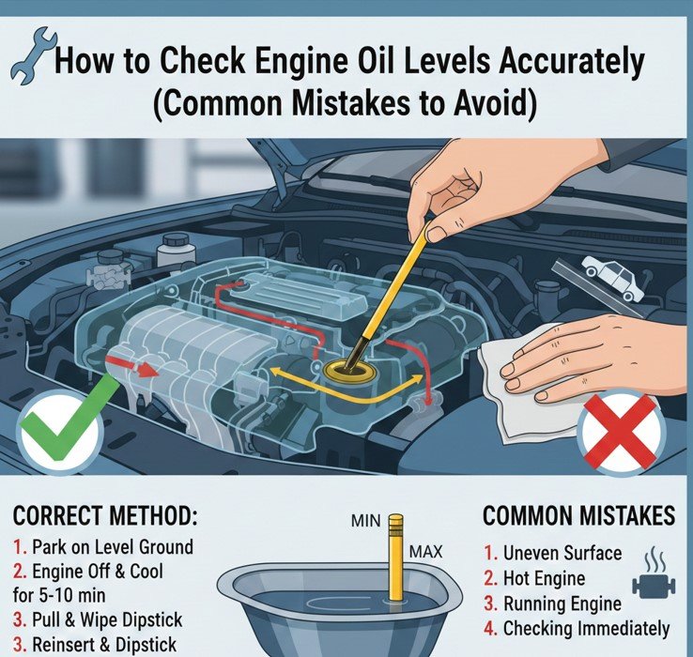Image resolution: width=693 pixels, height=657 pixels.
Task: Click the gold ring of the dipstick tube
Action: [x=349, y=371]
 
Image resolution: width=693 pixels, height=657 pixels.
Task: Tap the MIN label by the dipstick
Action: [x=365, y=521]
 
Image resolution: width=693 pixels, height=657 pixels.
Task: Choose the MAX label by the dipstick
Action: [x=425, y=552]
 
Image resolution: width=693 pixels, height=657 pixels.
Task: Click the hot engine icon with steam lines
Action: [x=654, y=575]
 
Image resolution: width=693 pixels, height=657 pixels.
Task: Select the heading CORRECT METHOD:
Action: [x=105, y=516]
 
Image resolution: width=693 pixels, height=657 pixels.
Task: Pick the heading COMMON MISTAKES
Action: [x=578, y=516]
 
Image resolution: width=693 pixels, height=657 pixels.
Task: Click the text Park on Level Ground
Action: [x=113, y=547]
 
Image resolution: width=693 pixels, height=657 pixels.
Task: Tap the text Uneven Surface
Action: [x=562, y=553]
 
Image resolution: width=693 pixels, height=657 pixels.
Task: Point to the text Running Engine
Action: [x=562, y=604]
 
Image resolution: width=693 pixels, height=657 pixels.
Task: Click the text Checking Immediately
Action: [x=587, y=629]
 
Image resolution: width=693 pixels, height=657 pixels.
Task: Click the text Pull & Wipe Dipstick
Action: [x=107, y=619]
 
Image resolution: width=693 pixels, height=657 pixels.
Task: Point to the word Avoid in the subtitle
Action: [x=488, y=102]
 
